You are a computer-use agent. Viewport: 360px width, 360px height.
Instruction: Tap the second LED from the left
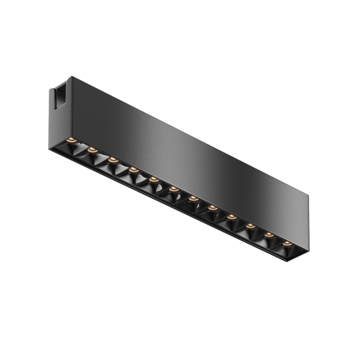(93, 150)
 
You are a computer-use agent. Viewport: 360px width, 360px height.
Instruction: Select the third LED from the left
(113, 159)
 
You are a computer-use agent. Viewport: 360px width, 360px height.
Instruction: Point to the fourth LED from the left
(133, 170)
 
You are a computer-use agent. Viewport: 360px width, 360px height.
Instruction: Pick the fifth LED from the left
(154, 179)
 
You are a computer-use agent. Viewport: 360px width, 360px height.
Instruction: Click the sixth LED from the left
(174, 189)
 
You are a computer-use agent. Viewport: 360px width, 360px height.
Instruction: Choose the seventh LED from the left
(193, 199)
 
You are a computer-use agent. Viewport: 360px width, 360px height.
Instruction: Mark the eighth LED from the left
(212, 208)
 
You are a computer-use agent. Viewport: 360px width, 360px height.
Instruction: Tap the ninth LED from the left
(231, 217)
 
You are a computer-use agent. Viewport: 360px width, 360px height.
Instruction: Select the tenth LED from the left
(250, 226)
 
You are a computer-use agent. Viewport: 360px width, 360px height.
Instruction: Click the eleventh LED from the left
(269, 235)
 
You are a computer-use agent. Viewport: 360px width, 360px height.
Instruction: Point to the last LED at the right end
(287, 244)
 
